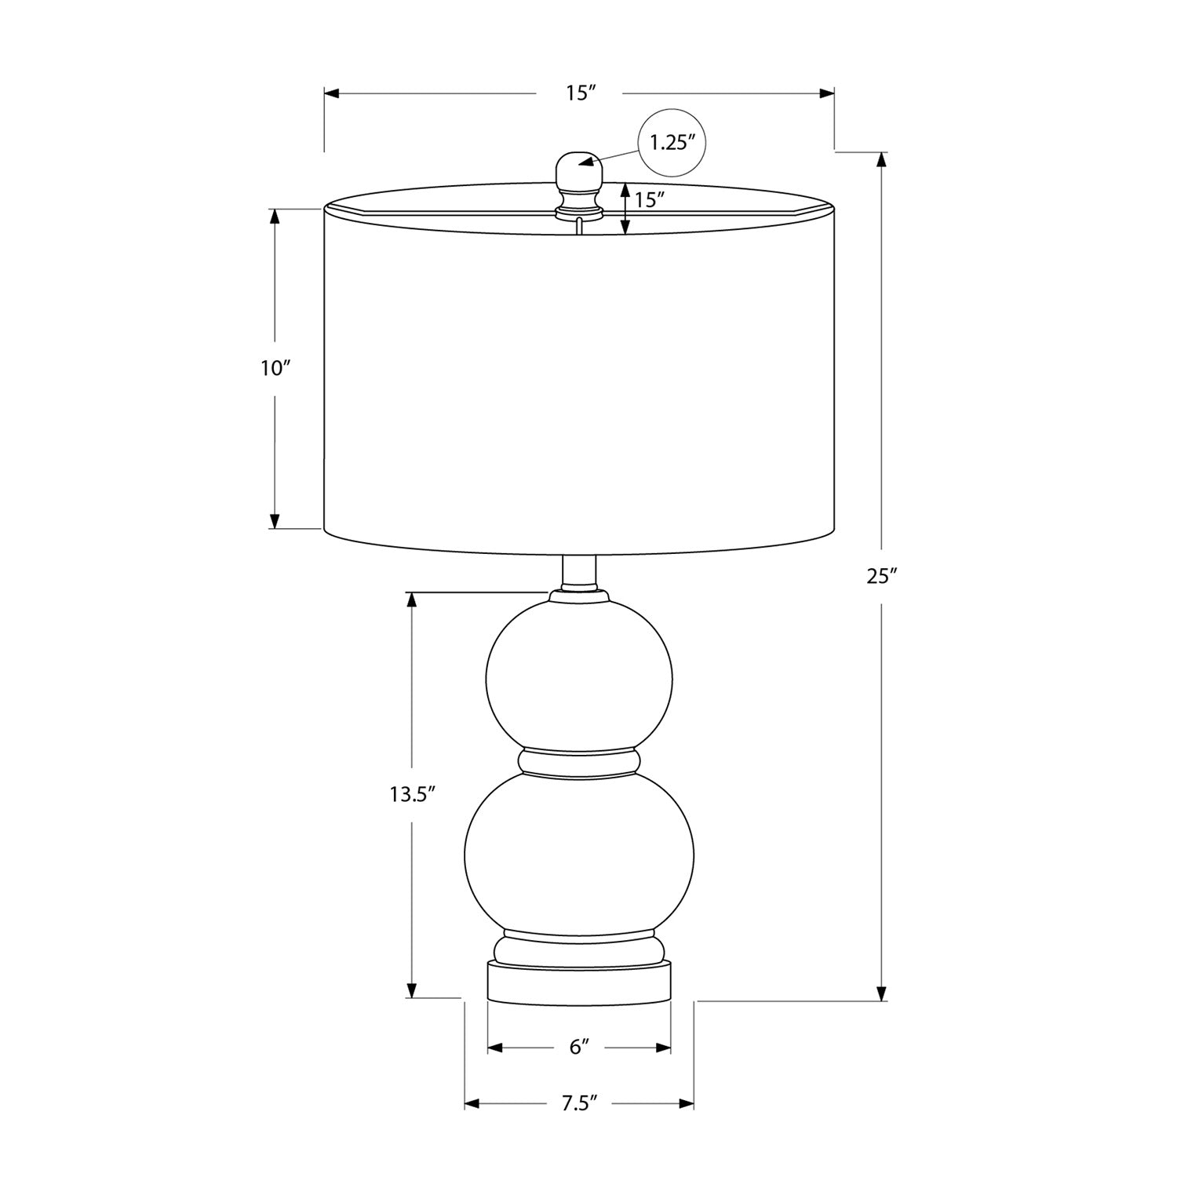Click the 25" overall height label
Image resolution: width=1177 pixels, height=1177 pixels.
[x=881, y=576]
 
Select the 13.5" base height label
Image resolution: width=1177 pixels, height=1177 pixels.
[x=412, y=794]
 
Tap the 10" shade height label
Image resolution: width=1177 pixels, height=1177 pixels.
[x=275, y=367]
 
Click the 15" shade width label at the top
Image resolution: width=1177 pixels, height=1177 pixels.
[x=581, y=93]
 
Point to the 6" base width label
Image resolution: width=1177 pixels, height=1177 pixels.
[x=579, y=1047]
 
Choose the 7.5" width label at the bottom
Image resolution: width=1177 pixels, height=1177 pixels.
[x=579, y=1103]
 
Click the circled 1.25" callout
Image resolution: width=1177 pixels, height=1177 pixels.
[x=672, y=143]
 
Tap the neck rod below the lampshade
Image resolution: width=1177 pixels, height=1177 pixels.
[x=580, y=571]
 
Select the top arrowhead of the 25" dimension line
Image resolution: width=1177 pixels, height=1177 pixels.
[x=881, y=159]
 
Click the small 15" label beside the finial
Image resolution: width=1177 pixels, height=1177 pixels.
[x=650, y=199]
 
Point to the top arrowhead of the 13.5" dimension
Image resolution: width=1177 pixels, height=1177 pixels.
[x=411, y=599]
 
